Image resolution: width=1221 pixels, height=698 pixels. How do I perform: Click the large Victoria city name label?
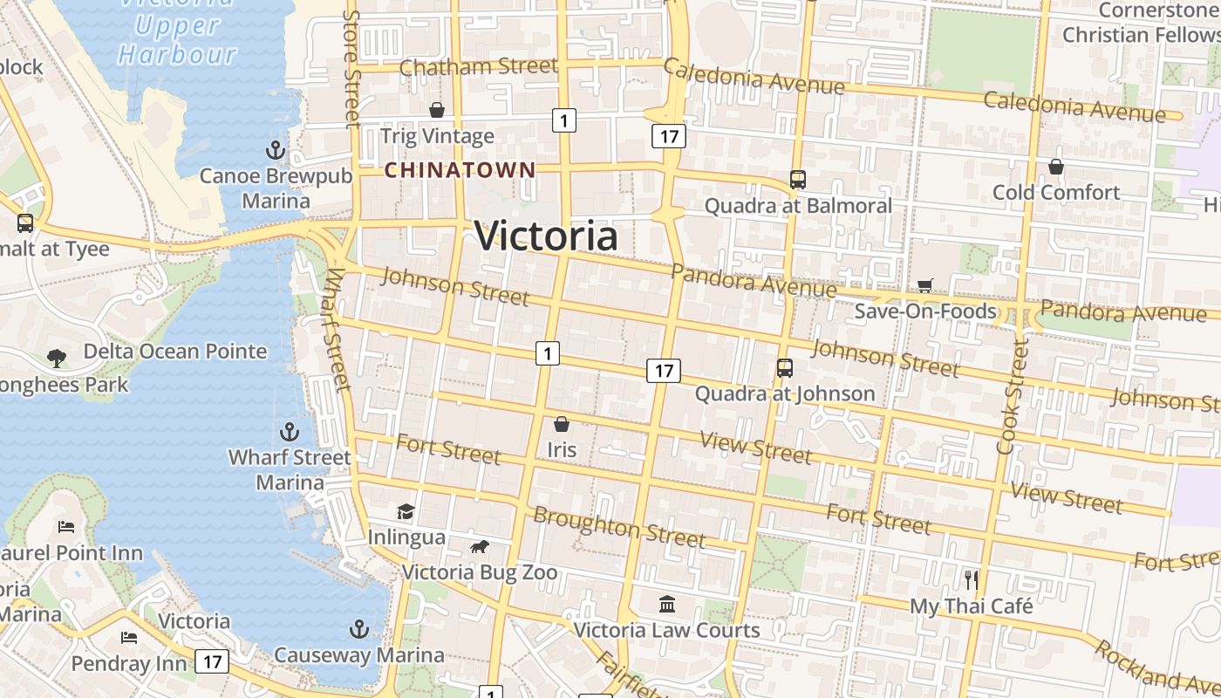[546, 236]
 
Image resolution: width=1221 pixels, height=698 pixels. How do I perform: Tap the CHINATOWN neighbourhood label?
[460, 170]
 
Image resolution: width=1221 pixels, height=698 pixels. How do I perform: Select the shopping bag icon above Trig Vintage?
[437, 110]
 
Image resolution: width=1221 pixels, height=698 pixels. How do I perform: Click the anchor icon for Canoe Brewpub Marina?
[276, 150]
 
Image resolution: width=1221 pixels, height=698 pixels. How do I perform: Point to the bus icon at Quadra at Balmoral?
[797, 180]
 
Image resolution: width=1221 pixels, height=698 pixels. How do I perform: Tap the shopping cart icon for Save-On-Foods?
[924, 285]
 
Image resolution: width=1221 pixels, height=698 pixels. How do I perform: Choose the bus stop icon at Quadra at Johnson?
[784, 368]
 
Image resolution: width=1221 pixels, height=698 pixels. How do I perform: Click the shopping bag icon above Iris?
[562, 424]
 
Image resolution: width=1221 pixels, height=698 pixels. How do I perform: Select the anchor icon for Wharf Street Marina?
[289, 432]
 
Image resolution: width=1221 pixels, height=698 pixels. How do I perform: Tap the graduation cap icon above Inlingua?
[406, 511]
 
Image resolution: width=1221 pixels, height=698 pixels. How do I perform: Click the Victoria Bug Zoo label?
[479, 572]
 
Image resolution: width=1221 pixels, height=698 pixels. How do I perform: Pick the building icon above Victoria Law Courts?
[667, 604]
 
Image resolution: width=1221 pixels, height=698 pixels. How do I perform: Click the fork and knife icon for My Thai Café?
[971, 579]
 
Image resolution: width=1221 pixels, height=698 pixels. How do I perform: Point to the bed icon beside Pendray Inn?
[129, 638]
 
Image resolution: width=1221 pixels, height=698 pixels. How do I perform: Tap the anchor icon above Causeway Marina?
[358, 629]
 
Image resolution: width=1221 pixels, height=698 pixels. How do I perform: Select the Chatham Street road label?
[478, 66]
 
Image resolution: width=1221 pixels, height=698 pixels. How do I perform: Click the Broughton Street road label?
[618, 527]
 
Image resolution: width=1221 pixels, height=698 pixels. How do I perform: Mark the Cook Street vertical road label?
[1012, 397]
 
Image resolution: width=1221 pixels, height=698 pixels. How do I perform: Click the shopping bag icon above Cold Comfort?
[1055, 166]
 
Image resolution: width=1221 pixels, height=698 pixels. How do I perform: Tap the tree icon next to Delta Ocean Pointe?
[57, 357]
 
